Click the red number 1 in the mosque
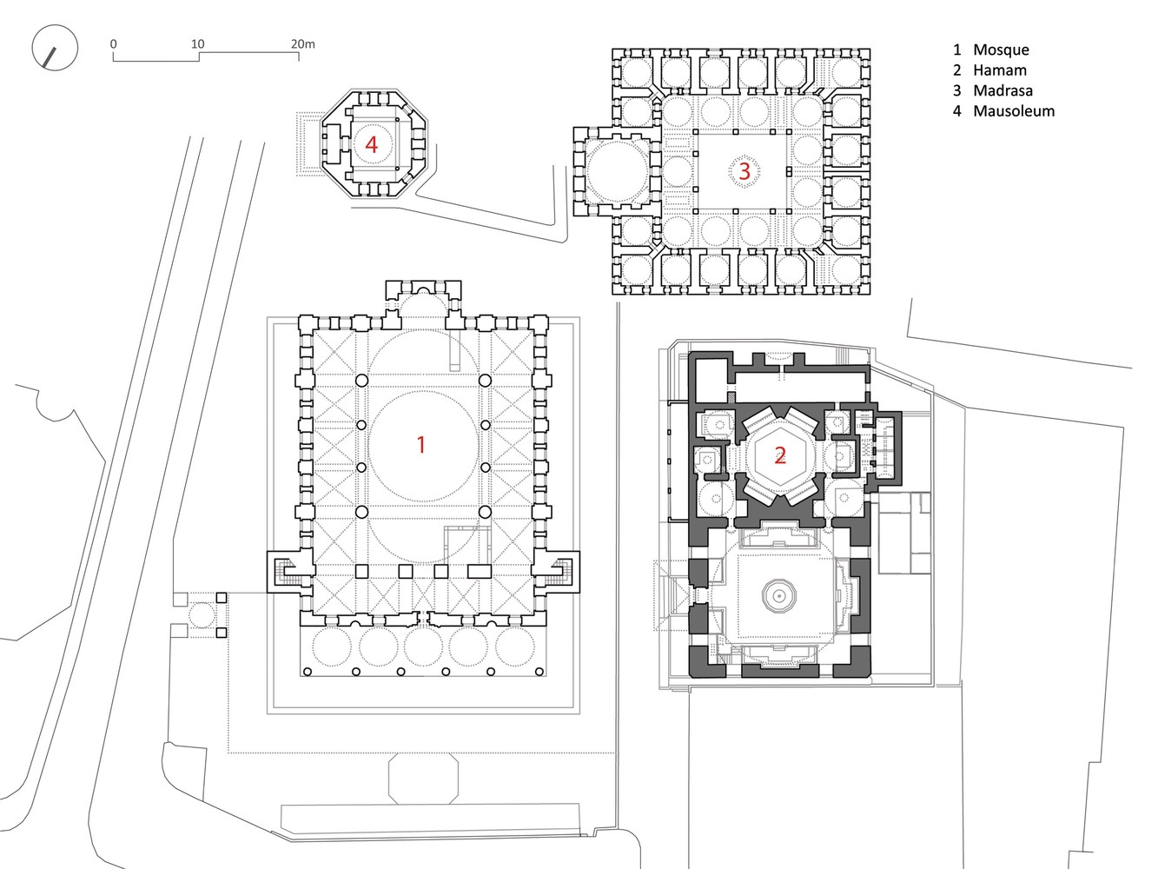421,445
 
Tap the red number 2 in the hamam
780,454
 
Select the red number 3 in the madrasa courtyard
744,171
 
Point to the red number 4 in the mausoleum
372,144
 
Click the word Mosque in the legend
1001,50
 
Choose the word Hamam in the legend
1000,70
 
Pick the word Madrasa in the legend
1002,90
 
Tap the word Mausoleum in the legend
1014,111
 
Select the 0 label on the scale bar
114,43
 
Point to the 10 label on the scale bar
198,43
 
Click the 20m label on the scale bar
303,43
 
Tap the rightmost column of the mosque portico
539,672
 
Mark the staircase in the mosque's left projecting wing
291,572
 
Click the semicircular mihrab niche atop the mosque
423,290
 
